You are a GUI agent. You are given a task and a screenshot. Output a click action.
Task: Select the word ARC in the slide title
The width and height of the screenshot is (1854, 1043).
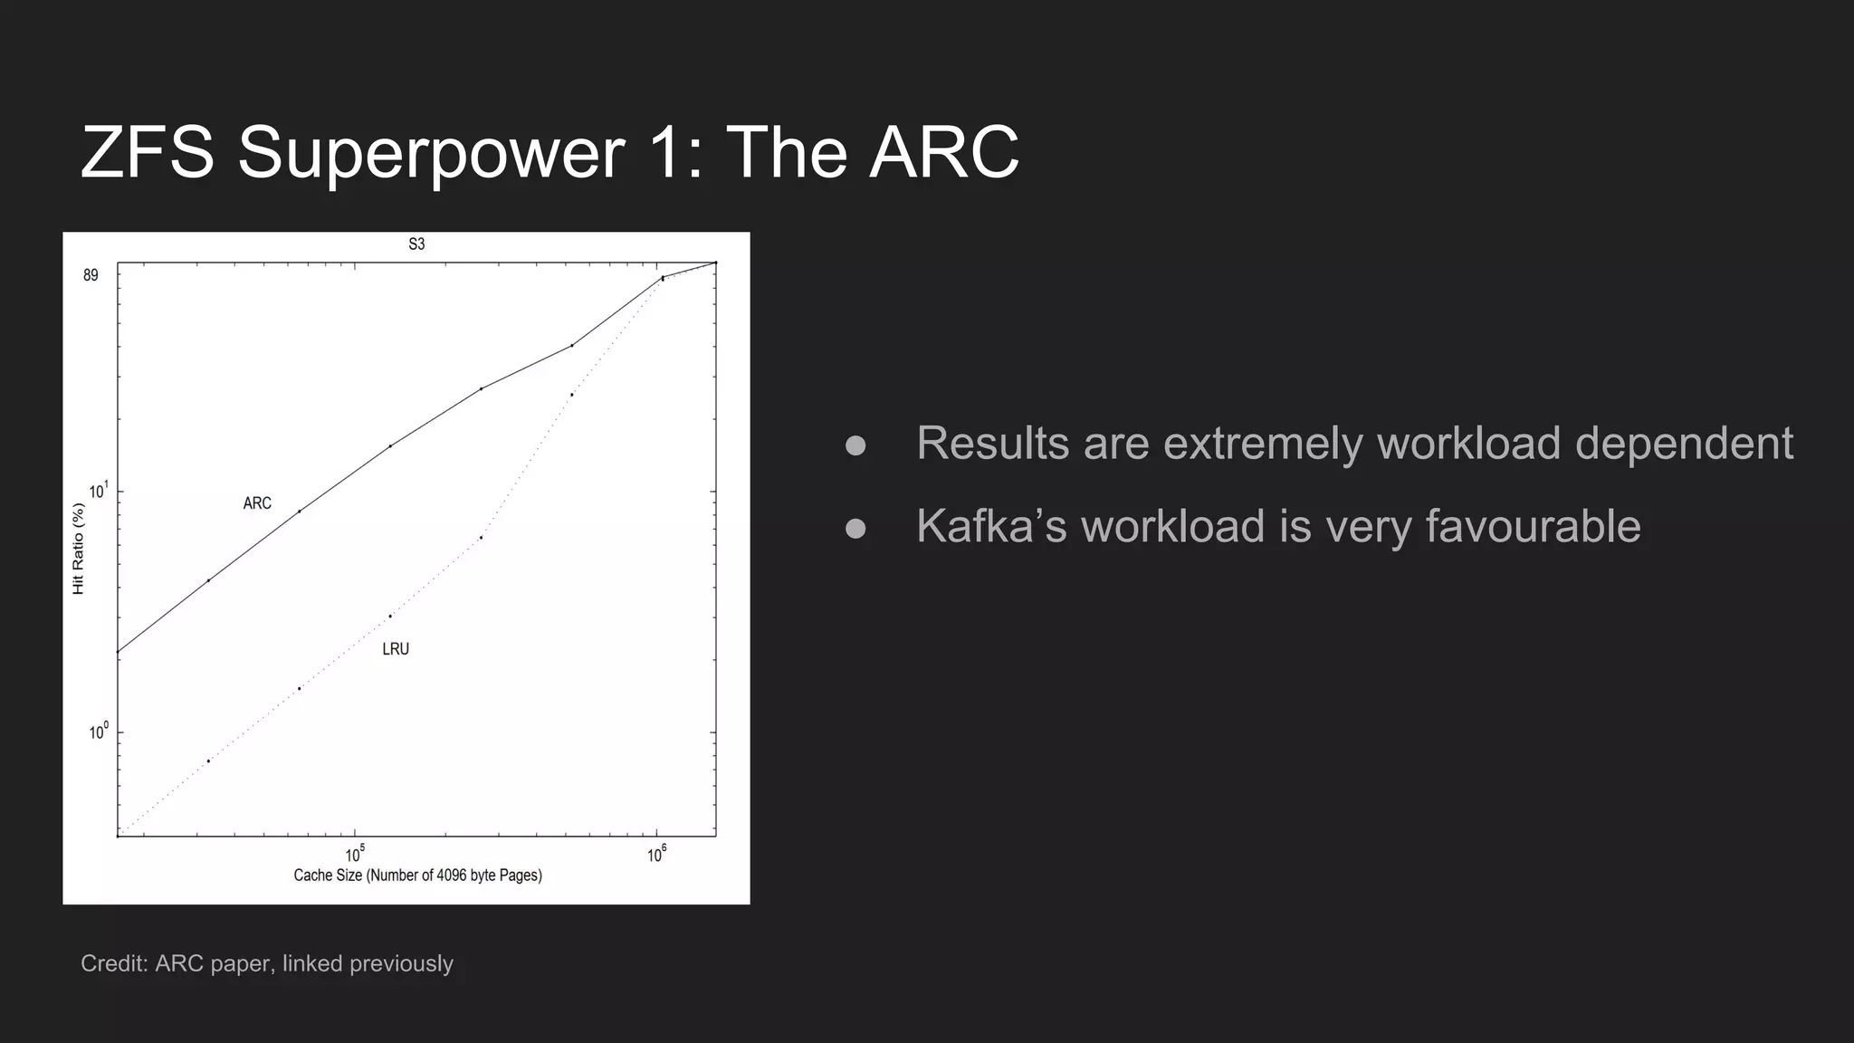coord(944,152)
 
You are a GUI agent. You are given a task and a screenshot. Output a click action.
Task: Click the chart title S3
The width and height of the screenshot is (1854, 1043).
coord(416,244)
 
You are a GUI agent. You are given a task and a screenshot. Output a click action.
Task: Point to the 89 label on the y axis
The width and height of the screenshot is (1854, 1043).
coord(91,275)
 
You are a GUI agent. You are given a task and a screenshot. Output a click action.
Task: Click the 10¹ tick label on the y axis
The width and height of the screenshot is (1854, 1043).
coord(98,492)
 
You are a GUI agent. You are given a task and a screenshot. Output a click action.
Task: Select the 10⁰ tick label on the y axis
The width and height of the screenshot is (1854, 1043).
coord(98,732)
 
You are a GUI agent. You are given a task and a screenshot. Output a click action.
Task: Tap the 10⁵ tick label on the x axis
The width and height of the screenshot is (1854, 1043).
coord(355,854)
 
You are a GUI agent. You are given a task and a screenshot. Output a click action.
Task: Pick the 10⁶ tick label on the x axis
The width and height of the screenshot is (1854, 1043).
coord(656,854)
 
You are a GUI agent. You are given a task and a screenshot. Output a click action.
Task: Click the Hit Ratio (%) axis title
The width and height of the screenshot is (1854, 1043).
coord(78,550)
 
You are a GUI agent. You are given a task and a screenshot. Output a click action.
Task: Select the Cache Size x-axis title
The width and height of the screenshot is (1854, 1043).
coord(417,876)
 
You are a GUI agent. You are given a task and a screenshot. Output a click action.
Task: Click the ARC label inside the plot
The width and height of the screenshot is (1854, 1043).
coord(257,503)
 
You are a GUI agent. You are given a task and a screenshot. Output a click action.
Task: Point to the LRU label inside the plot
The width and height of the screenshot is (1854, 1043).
coord(396,649)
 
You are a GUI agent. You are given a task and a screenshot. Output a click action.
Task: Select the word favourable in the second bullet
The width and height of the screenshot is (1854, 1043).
coord(1533,526)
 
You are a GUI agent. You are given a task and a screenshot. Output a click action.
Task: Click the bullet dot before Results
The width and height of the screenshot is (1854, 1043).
coord(855,445)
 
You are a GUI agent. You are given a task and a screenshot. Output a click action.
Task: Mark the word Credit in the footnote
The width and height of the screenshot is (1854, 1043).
coord(113,963)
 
